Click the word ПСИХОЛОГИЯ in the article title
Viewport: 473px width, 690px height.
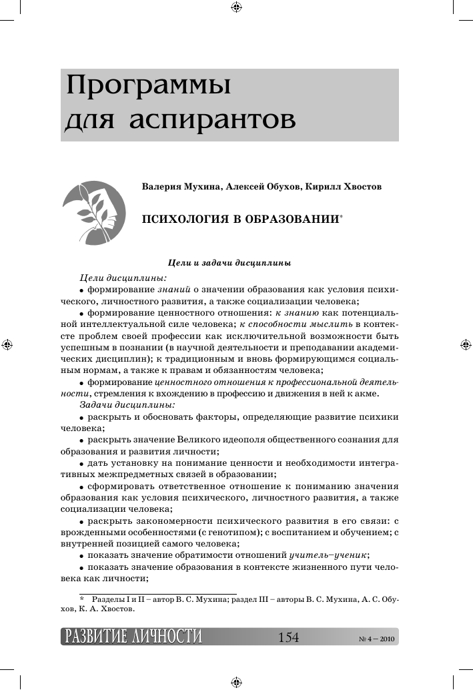(x=181, y=219)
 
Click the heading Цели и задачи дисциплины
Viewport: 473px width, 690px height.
(x=229, y=264)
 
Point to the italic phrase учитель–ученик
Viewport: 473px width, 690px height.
(x=329, y=555)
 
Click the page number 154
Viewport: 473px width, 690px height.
(x=288, y=637)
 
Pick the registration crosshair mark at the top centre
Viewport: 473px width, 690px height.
(x=235, y=7)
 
